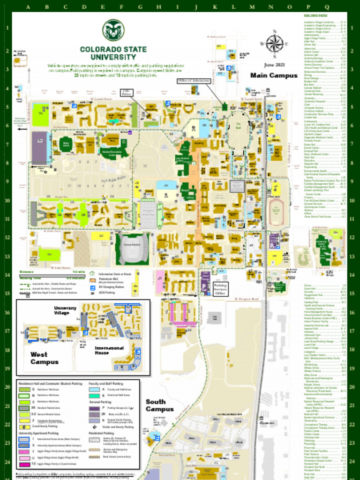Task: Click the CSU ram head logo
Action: (x=113, y=30)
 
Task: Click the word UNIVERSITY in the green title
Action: (x=113, y=57)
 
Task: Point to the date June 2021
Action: (x=274, y=65)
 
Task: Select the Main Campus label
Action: (x=274, y=75)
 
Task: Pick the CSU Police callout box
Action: (x=126, y=93)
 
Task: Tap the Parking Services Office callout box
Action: (x=220, y=287)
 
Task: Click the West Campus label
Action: (x=45, y=358)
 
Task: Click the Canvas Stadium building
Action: (x=132, y=249)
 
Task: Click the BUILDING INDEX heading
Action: (x=315, y=16)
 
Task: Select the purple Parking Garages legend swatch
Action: (x=94, y=408)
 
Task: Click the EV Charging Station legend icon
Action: (x=92, y=286)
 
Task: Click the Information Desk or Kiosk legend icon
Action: (x=92, y=274)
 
